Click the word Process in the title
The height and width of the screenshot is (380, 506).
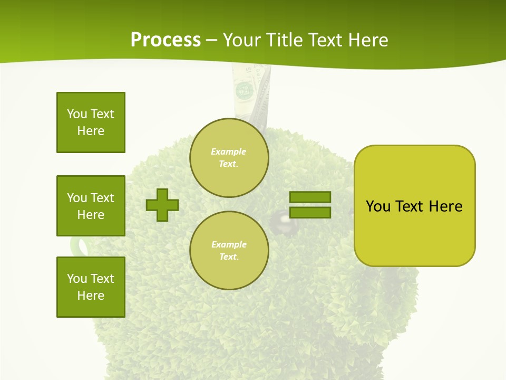coord(166,40)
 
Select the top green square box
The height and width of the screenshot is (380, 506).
coord(91,122)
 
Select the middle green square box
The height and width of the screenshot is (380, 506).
coord(91,206)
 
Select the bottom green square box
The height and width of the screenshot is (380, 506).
coord(91,287)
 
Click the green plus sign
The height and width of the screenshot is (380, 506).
coord(162,205)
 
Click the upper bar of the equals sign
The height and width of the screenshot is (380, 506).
coord(310,197)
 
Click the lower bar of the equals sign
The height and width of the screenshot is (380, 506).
coord(310,213)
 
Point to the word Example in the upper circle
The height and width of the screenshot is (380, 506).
coord(228,152)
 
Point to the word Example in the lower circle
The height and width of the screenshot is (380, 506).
coord(229,245)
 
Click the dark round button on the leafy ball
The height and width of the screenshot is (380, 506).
coord(280,221)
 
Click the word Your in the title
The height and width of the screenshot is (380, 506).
coord(244,40)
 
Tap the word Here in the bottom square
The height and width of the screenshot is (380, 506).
coord(91,296)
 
